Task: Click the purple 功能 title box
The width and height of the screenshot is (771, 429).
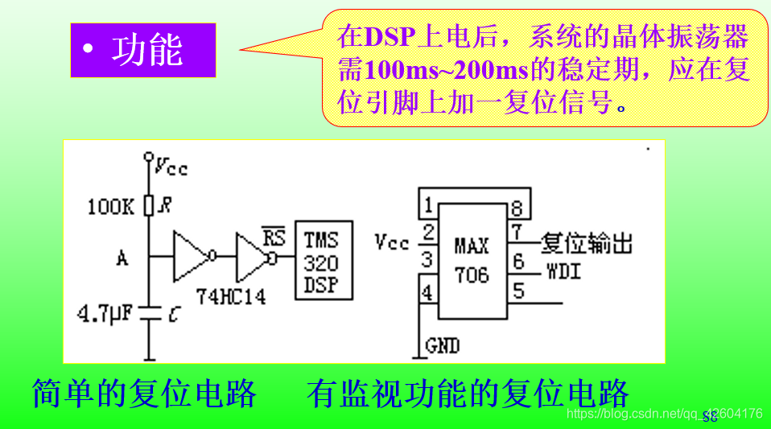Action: tap(143, 50)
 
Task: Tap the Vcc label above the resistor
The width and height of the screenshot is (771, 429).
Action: tap(171, 167)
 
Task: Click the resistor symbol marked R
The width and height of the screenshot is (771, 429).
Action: tap(149, 207)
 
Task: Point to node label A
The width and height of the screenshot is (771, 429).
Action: tap(122, 258)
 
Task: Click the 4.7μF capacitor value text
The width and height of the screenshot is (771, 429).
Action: tap(105, 312)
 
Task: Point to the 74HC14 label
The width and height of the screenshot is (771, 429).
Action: tap(231, 296)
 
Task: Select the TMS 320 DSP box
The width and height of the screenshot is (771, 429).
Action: tap(321, 262)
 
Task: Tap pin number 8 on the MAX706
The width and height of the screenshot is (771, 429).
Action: tap(516, 209)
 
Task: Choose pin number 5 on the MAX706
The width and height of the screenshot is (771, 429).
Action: tap(517, 290)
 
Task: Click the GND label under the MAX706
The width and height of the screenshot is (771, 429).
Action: tap(442, 347)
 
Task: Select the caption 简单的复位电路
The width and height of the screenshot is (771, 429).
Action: tap(145, 394)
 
